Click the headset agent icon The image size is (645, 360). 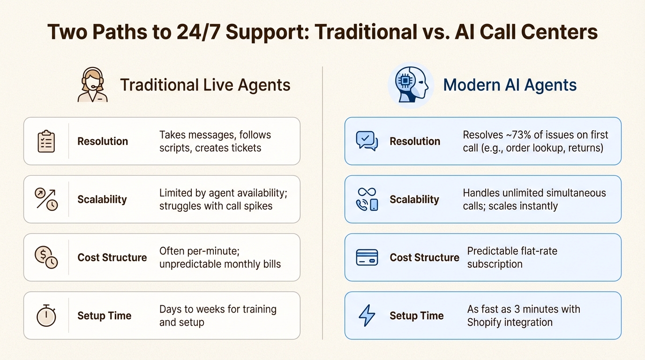(x=92, y=85)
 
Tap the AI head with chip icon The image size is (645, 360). (x=411, y=85)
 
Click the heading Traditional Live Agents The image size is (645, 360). (x=205, y=85)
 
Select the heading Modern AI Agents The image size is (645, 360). (x=510, y=85)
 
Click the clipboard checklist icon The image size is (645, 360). (x=46, y=141)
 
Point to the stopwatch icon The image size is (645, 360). (x=46, y=315)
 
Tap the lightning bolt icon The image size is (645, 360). (x=367, y=315)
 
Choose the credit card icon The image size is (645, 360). (x=367, y=257)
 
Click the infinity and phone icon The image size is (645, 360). (x=367, y=199)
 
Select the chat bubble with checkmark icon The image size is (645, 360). (x=367, y=141)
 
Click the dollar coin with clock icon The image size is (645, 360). (x=46, y=257)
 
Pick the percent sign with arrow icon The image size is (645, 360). (x=46, y=199)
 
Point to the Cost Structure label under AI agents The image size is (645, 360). (x=424, y=257)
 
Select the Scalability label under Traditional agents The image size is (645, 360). (x=102, y=199)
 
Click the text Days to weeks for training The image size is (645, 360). (x=217, y=309)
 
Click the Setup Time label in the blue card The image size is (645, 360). (x=416, y=315)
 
